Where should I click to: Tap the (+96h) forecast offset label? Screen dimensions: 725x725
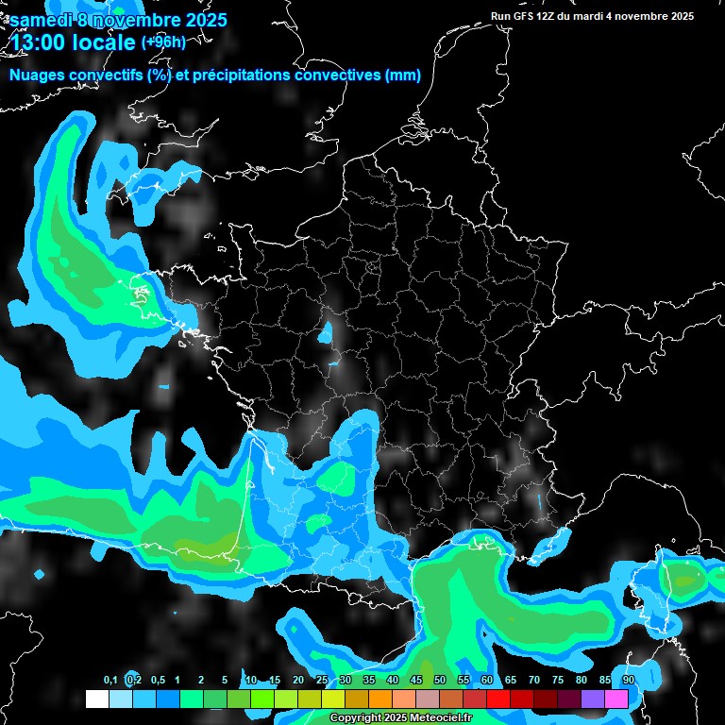pyautogui.click(x=163, y=42)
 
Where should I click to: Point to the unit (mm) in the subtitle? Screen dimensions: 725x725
pyautogui.click(x=402, y=76)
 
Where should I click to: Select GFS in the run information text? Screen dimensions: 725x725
pyautogui.click(x=527, y=16)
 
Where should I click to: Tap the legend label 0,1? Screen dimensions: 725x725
pyautogui.click(x=110, y=681)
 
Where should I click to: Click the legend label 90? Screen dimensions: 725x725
pyautogui.click(x=628, y=681)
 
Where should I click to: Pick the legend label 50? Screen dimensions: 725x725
pyautogui.click(x=440, y=681)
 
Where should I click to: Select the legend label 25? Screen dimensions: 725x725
pyautogui.click(x=322, y=681)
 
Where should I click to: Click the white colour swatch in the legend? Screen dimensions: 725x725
pyautogui.click(x=96, y=699)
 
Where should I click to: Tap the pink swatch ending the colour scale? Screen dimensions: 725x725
pyautogui.click(x=616, y=699)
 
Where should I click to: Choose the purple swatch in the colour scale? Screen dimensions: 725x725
pyautogui.click(x=593, y=699)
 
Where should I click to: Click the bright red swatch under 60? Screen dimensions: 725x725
pyautogui.click(x=498, y=699)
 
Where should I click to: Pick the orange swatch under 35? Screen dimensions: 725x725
pyautogui.click(x=380, y=699)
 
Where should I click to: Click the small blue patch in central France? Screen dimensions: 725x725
pyautogui.click(x=327, y=332)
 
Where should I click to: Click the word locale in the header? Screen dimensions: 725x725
pyautogui.click(x=105, y=42)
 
